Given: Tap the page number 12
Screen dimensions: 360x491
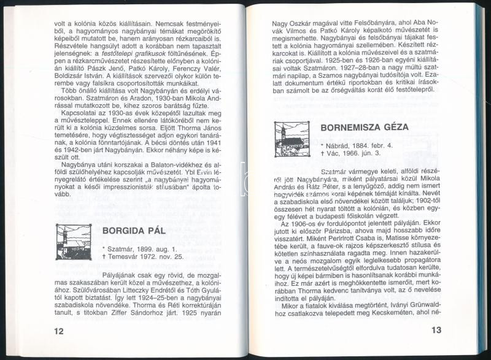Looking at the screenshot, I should point(59,331).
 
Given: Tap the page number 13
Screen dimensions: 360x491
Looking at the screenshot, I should point(435,331).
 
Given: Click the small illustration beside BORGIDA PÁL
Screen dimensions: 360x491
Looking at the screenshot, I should point(74,241).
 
